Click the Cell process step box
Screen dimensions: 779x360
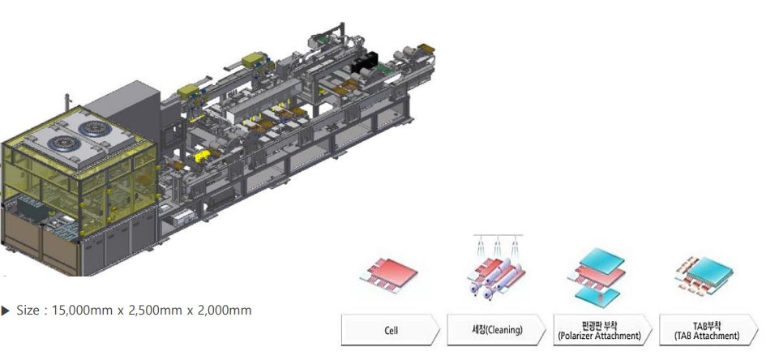coord(391,330)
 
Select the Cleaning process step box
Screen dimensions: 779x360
coord(496,330)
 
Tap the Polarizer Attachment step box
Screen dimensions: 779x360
coord(602,330)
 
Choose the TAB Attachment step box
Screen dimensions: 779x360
coord(708,330)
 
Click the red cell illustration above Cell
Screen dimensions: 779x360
coord(389,275)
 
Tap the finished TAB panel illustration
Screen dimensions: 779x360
coord(704,276)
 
